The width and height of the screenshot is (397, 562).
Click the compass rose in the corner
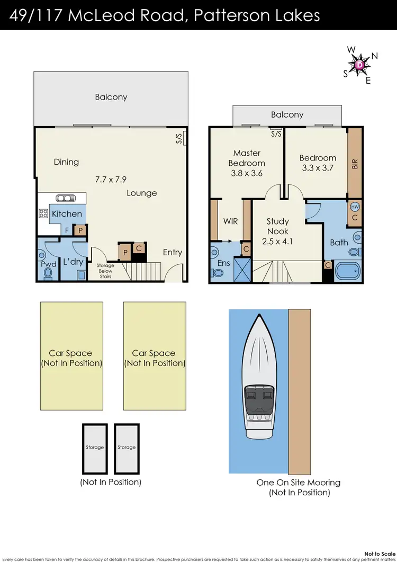pos(359,65)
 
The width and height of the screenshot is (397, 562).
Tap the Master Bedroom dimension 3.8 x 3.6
pos(247,173)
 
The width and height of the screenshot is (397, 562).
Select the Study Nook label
pos(278,226)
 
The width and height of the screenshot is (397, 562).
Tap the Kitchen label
pos(67,214)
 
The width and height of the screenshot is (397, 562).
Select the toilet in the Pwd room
pos(48,272)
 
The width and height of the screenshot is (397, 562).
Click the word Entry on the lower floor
pos(173,252)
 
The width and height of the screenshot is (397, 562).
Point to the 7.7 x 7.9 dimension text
pos(111,180)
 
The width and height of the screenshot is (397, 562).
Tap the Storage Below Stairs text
pos(105,271)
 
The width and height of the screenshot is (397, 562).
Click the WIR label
pos(231,221)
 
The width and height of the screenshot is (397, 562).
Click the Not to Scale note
pos(379,554)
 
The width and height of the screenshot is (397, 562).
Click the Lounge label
pos(142,193)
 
